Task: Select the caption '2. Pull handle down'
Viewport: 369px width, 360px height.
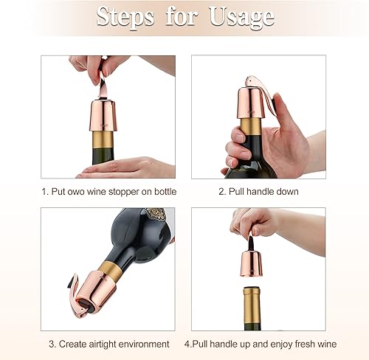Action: (259, 192)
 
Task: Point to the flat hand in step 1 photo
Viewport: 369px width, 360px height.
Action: (125, 168)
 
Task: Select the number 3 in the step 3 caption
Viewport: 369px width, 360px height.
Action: (52, 344)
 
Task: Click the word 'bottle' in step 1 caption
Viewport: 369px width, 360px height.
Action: (162, 192)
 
